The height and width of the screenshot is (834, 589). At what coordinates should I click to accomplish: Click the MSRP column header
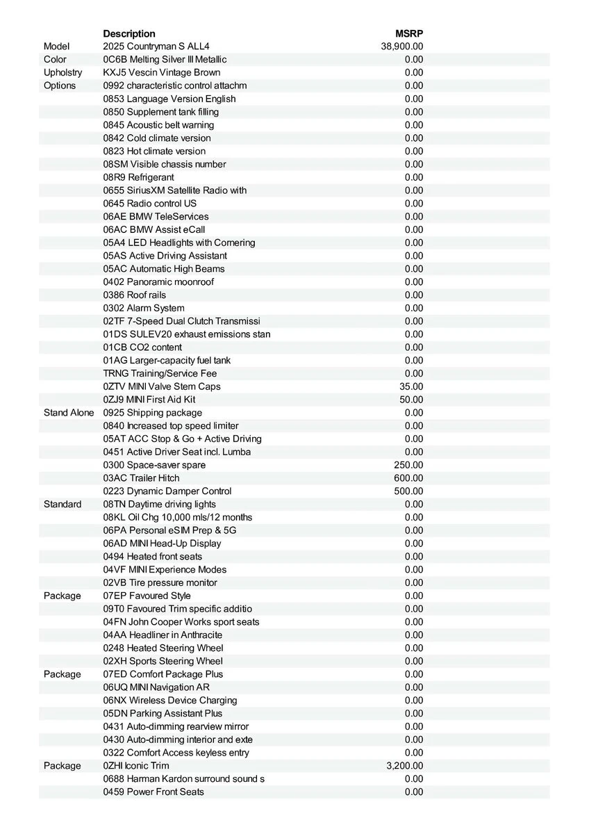[409, 33]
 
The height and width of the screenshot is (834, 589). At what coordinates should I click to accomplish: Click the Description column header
[129, 33]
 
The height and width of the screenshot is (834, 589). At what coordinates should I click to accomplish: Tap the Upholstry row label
[63, 72]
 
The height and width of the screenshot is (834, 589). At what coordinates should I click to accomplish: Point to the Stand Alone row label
[68, 413]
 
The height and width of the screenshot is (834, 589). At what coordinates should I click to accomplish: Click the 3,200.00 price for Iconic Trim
[404, 766]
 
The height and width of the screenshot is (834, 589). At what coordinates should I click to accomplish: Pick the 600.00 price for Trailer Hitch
[408, 478]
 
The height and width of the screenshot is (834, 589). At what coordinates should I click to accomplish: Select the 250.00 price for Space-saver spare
[408, 465]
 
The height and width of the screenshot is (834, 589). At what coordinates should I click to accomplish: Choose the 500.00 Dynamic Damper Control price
[408, 491]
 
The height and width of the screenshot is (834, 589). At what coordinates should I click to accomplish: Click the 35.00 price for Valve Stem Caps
[411, 386]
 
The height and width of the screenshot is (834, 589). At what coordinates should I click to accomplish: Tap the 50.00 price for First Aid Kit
[411, 400]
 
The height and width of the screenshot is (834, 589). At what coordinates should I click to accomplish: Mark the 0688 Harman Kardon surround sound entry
[184, 779]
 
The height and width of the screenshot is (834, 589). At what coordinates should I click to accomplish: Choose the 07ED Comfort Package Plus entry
[163, 674]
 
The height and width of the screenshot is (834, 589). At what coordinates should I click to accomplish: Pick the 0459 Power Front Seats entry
[154, 792]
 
